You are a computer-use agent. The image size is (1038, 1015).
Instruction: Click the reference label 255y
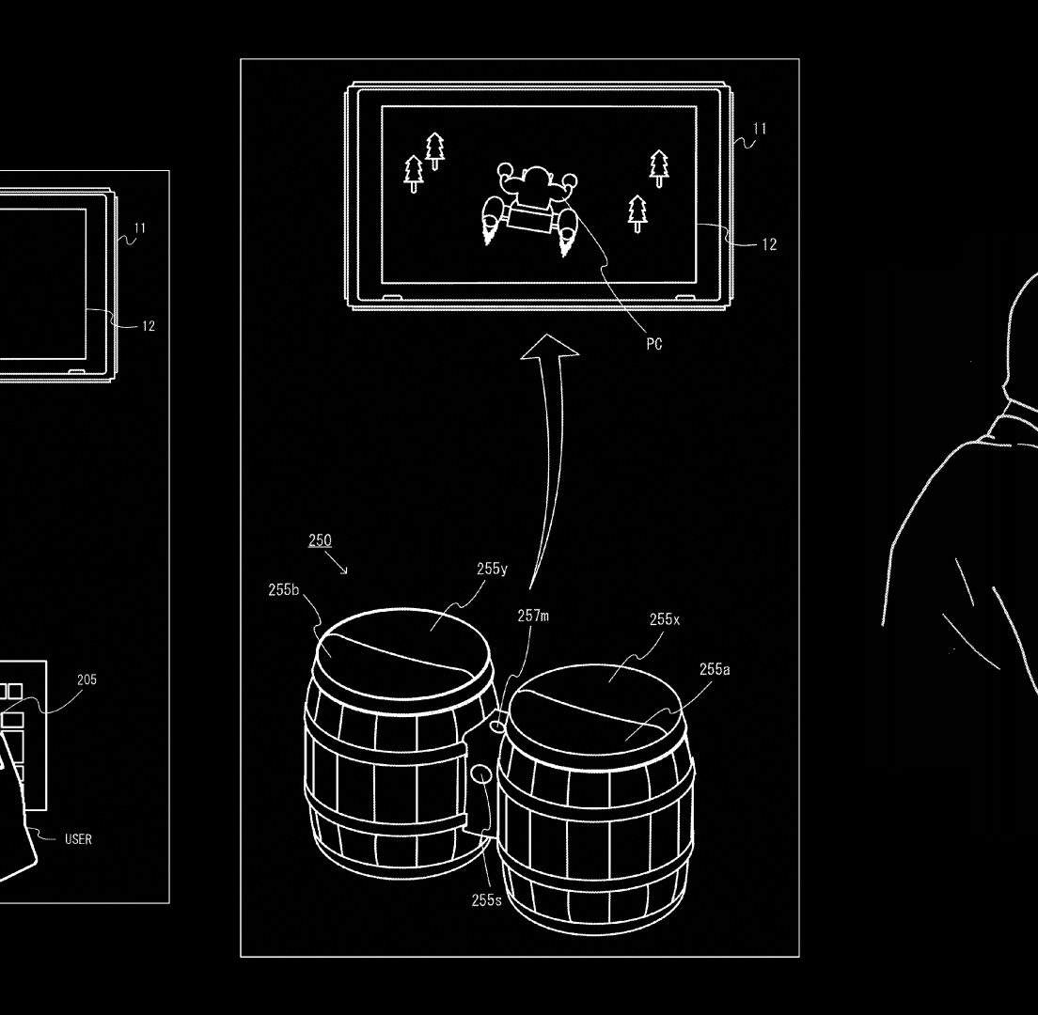492,569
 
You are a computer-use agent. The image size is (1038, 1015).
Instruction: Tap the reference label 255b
284,589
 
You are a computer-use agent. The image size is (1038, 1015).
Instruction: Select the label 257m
533,616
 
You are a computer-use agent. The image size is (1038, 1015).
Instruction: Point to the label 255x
664,619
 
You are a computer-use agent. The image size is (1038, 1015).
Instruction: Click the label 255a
715,669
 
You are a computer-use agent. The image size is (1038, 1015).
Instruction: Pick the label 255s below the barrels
487,899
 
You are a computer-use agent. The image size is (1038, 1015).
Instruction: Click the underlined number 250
320,540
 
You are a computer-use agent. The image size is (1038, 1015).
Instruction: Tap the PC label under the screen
654,344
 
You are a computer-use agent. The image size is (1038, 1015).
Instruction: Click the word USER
78,839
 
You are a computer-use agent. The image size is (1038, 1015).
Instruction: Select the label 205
86,679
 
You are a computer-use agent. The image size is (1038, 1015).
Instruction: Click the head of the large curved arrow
549,347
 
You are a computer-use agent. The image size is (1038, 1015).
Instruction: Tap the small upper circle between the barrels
496,726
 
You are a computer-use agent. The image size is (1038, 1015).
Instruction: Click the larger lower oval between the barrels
482,774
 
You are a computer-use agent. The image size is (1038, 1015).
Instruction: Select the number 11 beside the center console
760,129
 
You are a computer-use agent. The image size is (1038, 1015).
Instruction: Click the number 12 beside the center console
769,244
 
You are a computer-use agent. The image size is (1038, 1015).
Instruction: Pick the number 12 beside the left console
149,326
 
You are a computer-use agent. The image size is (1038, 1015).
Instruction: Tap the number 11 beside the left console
140,228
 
